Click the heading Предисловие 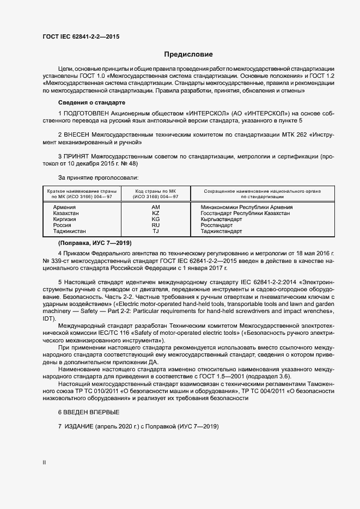188,55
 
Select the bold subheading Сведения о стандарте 91,102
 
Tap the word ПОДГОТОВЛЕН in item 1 85,112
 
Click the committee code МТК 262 274,134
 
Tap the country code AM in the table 156,207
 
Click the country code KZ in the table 156,213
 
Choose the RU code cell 156,225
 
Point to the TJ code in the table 156,231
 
